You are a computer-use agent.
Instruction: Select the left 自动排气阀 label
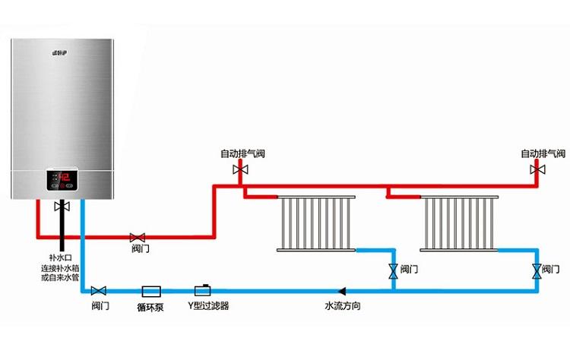tap(242, 153)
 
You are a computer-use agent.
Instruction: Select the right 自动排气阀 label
tap(543, 153)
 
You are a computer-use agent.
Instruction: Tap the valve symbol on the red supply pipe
tap(138, 237)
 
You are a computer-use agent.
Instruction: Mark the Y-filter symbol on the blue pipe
tap(203, 290)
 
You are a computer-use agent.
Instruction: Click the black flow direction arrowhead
tap(342, 290)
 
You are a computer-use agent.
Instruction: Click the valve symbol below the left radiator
tap(393, 270)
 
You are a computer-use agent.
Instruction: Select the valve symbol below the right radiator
tap(537, 270)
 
